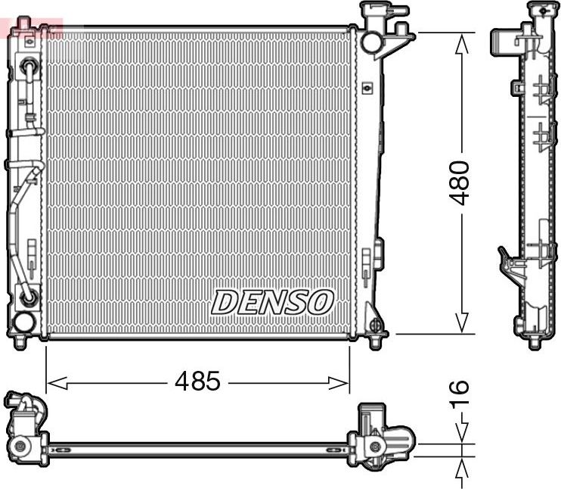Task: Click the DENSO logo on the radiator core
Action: pos(272,301)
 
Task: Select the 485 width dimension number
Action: pos(197,382)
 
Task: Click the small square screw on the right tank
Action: pos(367,88)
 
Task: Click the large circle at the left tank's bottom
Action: pos(23,322)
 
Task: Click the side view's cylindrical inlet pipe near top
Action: pos(505,39)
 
